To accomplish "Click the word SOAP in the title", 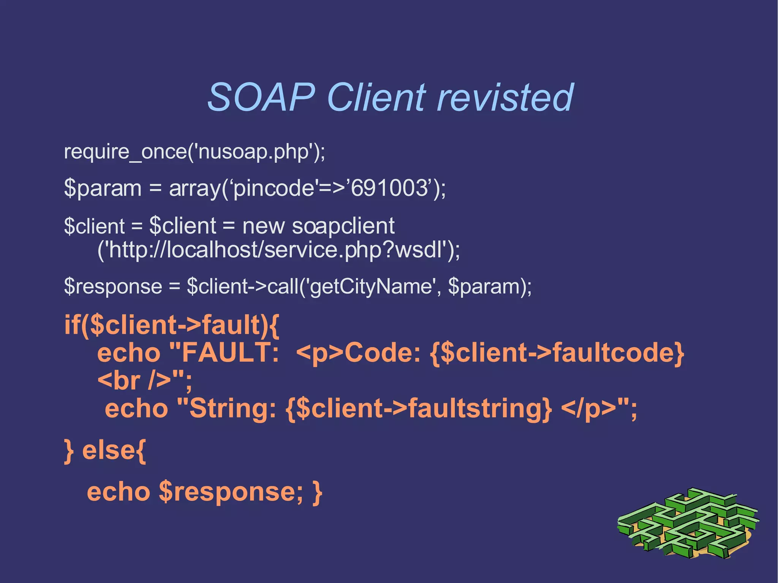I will coord(261,98).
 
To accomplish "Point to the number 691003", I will coord(389,188).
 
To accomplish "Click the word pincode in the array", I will coord(274,189).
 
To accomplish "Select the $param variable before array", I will coord(103,189).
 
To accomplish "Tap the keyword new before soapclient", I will coord(263,226).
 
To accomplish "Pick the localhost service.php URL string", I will coord(277,250).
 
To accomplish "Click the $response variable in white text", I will coord(113,286).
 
